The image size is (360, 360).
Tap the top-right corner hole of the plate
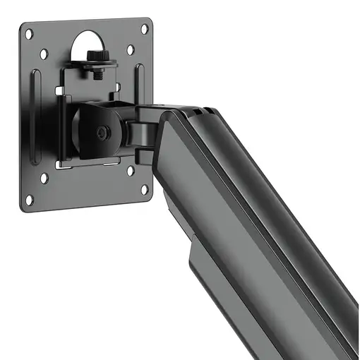[146, 28]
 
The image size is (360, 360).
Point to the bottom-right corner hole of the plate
[144, 189]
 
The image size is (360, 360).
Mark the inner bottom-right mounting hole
[131, 170]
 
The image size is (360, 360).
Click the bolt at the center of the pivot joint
[103, 132]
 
